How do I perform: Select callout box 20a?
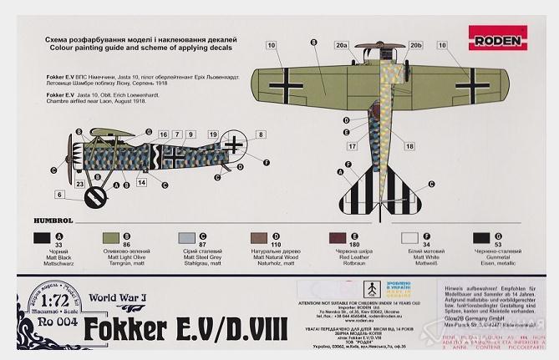click(340, 44)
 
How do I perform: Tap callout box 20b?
click(417, 44)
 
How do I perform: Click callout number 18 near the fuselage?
click(409, 146)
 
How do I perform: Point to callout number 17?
click(352, 146)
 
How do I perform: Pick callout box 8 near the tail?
click(260, 134)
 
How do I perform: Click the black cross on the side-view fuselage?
click(176, 155)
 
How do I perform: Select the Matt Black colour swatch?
click(42, 239)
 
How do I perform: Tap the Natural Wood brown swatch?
click(260, 239)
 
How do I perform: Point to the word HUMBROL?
click(54, 220)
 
